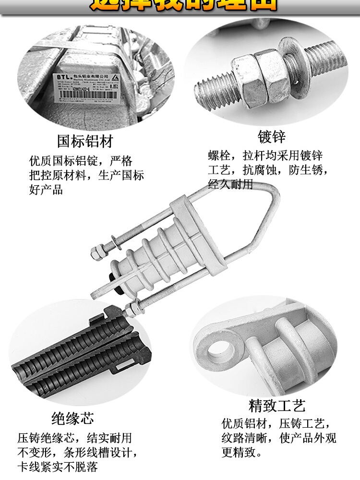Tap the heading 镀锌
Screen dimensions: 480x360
pyautogui.click(x=271, y=137)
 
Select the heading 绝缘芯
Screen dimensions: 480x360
pyautogui.click(x=72, y=418)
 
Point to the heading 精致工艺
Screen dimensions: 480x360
pyautogui.click(x=277, y=406)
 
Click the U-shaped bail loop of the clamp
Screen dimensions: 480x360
pyautogui.click(x=262, y=216)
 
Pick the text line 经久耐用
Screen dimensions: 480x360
pyautogui.click(x=230, y=184)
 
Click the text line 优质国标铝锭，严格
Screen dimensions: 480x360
pyautogui.click(x=80, y=160)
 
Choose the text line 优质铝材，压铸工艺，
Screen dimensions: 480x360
pyautogui.click(x=276, y=424)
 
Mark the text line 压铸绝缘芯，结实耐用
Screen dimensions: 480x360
pyautogui.click(x=74, y=438)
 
